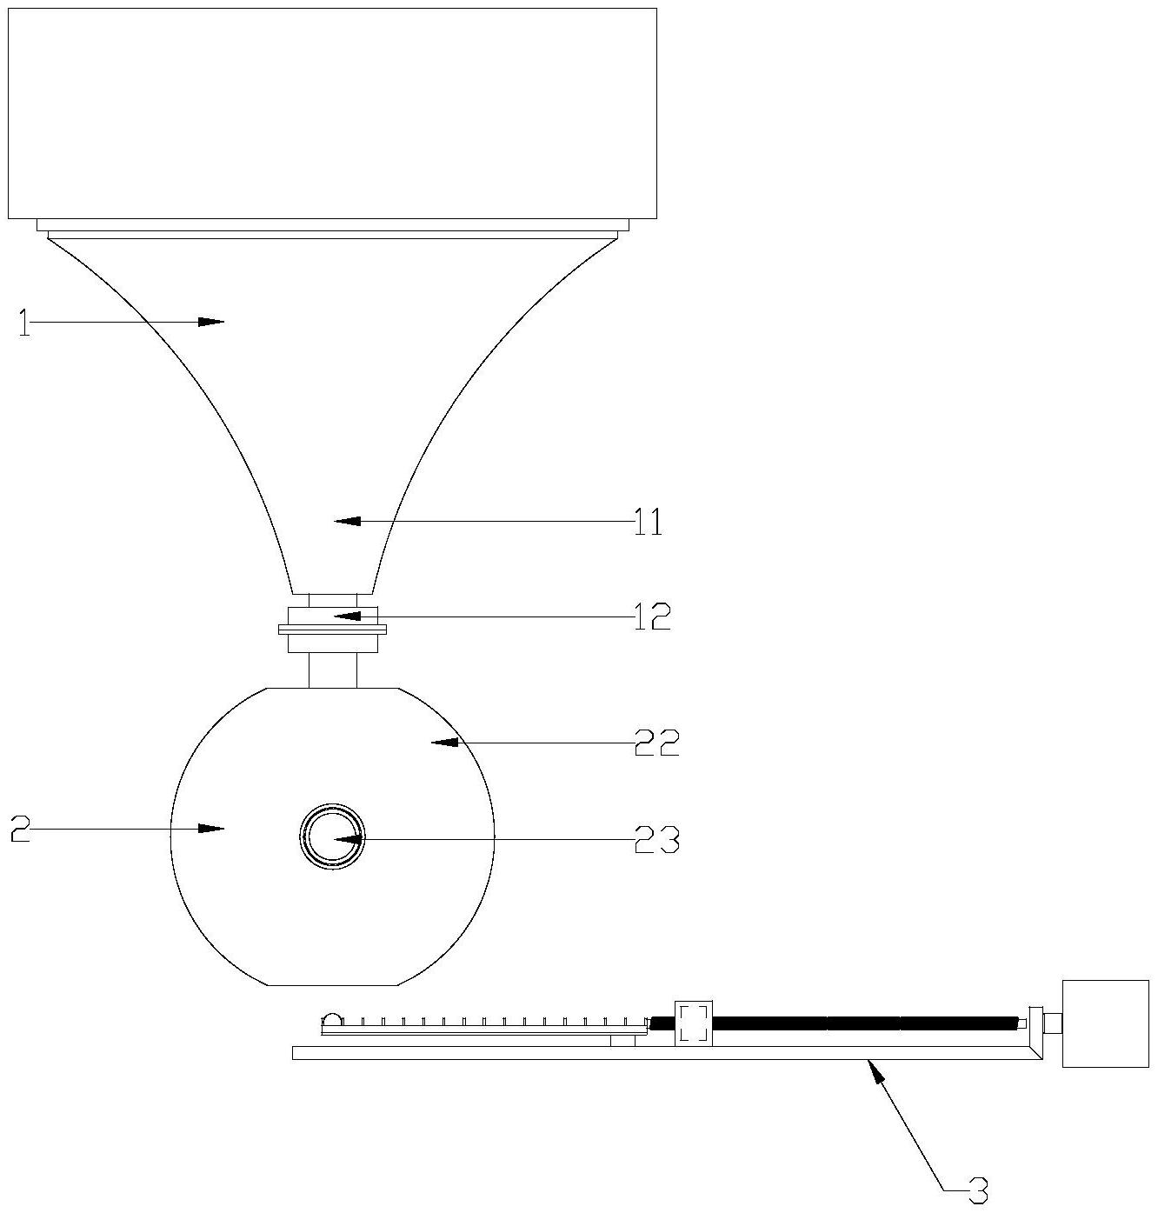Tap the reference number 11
pyautogui.click(x=648, y=522)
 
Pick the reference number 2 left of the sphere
pyautogui.click(x=21, y=830)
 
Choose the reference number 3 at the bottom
pyautogui.click(x=978, y=1190)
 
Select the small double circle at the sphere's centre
pyautogui.click(x=332, y=836)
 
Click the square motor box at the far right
pyautogui.click(x=1105, y=1023)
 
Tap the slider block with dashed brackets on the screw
pyautogui.click(x=693, y=1023)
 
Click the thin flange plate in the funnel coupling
pyautogui.click(x=332, y=629)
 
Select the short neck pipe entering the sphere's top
pyautogui.click(x=332, y=670)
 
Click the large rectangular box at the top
pyautogui.click(x=332, y=113)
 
